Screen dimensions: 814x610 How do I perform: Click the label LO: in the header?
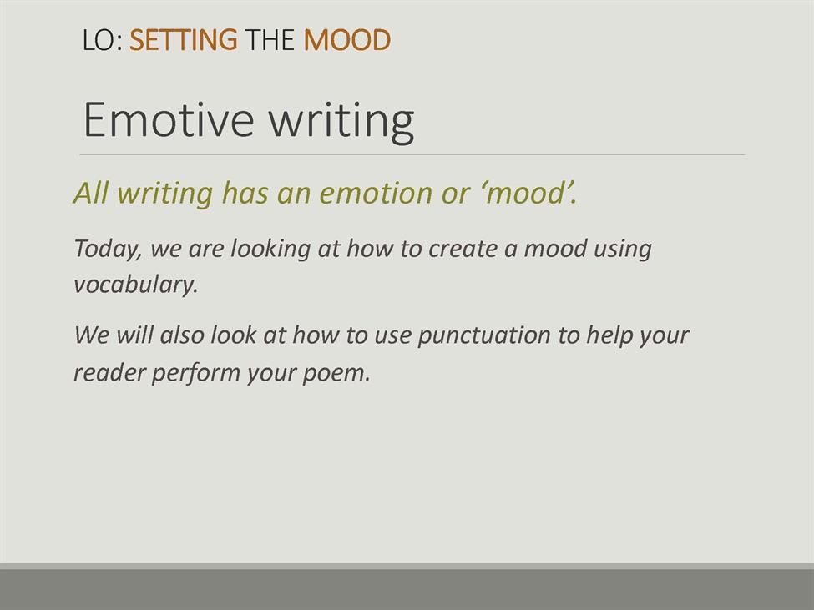coord(102,40)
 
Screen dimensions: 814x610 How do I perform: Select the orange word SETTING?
coord(183,40)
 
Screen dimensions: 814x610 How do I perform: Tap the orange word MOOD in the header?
coord(346,40)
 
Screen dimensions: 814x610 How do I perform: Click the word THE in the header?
coord(270,40)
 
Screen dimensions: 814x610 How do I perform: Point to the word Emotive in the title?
coord(169,120)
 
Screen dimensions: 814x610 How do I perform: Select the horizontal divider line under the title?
coord(412,154)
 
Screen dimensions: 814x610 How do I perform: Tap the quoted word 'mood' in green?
coord(525,193)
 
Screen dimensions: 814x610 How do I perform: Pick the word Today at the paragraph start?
coord(108,249)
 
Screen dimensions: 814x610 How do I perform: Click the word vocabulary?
coord(135,285)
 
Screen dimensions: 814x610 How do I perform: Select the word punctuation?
coord(484,336)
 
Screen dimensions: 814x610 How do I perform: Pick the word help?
coord(609,336)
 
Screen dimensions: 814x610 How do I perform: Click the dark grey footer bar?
coord(407,589)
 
